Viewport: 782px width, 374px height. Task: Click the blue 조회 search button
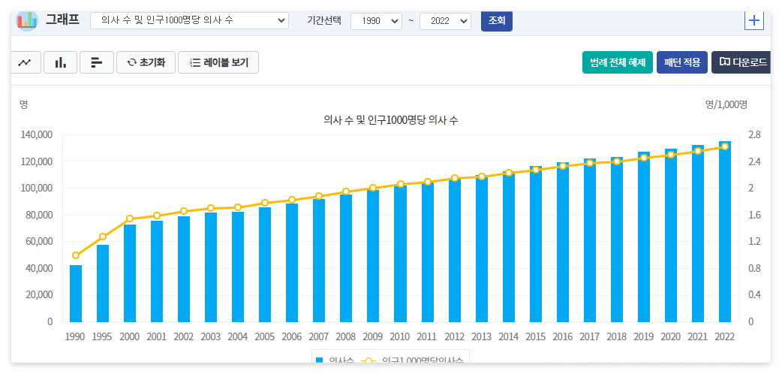click(496, 21)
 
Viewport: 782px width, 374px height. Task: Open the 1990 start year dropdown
click(376, 21)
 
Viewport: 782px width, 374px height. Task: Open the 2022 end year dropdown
click(445, 21)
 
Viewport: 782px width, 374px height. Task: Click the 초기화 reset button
click(146, 62)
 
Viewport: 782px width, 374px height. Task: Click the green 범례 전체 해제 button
click(618, 62)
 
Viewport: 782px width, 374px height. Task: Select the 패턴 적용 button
click(681, 62)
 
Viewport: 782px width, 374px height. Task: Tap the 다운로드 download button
click(741, 62)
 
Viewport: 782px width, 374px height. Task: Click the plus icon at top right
click(753, 20)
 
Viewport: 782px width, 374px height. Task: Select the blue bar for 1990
click(75, 293)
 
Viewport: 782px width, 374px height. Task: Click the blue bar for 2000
click(130, 273)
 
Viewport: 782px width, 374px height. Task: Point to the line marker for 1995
click(103, 237)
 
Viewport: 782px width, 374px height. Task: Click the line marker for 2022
click(725, 146)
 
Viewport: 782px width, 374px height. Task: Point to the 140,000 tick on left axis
click(37, 135)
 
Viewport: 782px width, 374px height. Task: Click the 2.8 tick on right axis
click(754, 135)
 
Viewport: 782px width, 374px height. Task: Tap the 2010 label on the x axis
click(400, 336)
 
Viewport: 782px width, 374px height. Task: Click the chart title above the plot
click(390, 120)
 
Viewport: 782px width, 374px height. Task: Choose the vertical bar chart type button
click(60, 62)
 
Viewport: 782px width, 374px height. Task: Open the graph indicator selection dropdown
click(189, 21)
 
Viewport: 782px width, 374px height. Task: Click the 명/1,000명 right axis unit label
click(726, 104)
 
